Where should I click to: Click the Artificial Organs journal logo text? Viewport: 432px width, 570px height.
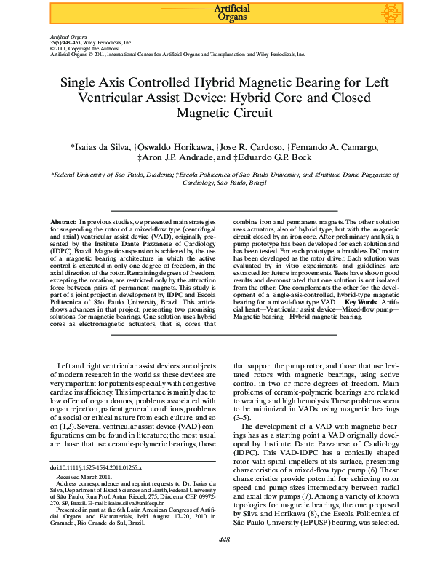pos(233,12)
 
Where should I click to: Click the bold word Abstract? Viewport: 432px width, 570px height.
pos(63,220)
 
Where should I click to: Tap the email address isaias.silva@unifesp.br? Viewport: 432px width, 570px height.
pos(159,502)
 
